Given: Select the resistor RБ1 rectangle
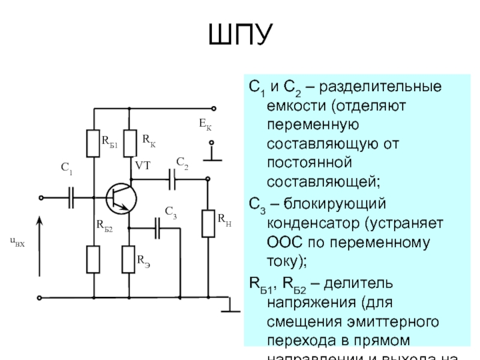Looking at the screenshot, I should click(x=94, y=143).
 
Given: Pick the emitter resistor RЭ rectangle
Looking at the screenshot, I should click(x=128, y=259).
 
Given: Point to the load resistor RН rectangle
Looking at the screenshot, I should click(x=208, y=223).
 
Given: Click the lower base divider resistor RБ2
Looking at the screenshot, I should click(x=94, y=259).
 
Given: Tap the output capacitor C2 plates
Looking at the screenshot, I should click(x=172, y=178).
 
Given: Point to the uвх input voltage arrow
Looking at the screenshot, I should click(x=40, y=246).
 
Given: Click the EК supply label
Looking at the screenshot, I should click(x=205, y=125).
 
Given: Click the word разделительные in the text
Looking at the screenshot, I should click(x=380, y=88).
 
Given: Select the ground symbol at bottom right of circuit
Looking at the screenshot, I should click(x=230, y=308).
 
